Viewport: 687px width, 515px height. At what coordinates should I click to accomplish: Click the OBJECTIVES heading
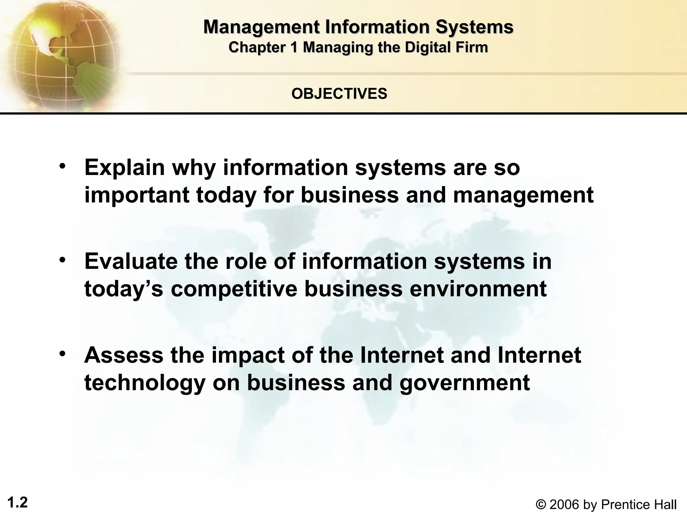click(339, 94)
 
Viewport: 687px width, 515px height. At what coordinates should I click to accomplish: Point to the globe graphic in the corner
click(60, 54)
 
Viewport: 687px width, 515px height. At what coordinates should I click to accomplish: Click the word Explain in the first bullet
click(124, 168)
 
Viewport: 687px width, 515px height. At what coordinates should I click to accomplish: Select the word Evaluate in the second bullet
click(131, 261)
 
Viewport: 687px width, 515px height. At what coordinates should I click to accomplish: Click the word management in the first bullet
click(523, 195)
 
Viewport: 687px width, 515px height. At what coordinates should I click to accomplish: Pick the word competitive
click(234, 289)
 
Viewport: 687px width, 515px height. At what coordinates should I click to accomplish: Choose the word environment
click(478, 289)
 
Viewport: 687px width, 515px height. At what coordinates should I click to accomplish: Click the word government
click(465, 383)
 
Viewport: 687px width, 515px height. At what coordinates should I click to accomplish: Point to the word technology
click(145, 383)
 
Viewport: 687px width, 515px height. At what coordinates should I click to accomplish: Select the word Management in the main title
click(261, 27)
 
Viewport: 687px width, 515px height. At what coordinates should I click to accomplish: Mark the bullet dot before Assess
click(62, 354)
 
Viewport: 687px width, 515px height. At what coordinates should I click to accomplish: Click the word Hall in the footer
click(665, 504)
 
